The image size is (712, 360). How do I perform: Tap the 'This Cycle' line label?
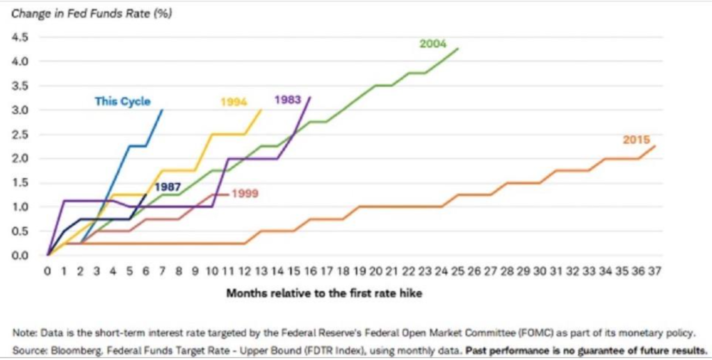pyautogui.click(x=122, y=101)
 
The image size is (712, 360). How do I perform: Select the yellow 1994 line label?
pyautogui.click(x=234, y=102)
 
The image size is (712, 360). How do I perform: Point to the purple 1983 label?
pyautogui.click(x=287, y=99)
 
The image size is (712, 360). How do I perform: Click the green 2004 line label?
pyautogui.click(x=432, y=43)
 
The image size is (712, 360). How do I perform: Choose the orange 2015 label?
pyautogui.click(x=636, y=140)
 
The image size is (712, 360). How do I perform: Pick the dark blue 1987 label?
pyautogui.click(x=168, y=187)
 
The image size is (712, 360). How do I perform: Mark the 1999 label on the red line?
pyautogui.click(x=244, y=193)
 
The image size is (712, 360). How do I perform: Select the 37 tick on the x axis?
pyautogui.click(x=654, y=272)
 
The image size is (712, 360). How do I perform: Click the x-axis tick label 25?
pyautogui.click(x=458, y=272)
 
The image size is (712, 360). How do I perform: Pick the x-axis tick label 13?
pyautogui.click(x=261, y=272)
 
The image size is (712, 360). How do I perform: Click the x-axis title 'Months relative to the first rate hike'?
pyautogui.click(x=324, y=293)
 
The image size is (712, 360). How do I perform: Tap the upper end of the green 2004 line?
pyautogui.click(x=458, y=48)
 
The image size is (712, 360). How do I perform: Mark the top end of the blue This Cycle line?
pyautogui.click(x=162, y=110)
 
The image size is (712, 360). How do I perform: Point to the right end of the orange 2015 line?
pyautogui.click(x=654, y=146)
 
